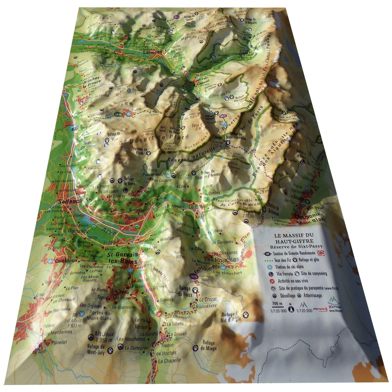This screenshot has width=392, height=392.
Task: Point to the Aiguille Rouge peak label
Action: [x=117, y=159]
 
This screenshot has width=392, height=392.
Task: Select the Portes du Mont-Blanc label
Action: [x=100, y=316]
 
